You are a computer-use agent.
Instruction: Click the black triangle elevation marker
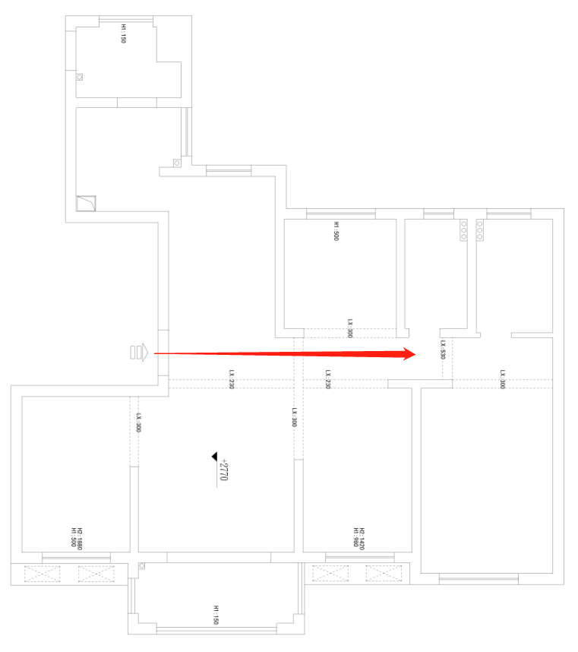[216, 457]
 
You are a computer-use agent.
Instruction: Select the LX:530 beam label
[442, 350]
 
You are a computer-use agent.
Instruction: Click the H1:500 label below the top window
[336, 230]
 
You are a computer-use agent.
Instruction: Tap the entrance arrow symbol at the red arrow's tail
[140, 353]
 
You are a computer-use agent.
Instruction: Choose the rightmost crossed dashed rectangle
[382, 573]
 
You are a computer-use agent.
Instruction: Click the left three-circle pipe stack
[463, 230]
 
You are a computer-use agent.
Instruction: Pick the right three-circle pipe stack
[480, 230]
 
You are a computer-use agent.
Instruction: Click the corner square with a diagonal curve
[86, 204]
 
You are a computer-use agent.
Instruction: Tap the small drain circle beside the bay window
[141, 565]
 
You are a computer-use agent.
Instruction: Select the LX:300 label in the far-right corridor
[503, 379]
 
